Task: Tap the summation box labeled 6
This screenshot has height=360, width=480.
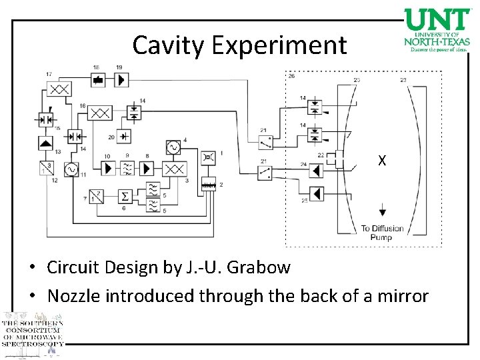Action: tap(125, 196)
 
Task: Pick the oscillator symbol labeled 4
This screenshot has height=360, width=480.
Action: tap(173, 147)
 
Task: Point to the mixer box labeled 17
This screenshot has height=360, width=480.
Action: tap(59, 89)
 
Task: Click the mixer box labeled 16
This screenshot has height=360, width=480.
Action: tap(100, 113)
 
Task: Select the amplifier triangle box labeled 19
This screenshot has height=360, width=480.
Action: tap(121, 81)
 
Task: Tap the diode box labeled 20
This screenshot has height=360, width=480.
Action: tap(123, 137)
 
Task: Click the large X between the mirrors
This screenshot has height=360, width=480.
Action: tap(381, 161)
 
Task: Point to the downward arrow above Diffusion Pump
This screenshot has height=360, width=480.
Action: tap(383, 212)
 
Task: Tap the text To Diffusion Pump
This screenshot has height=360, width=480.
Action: tap(382, 233)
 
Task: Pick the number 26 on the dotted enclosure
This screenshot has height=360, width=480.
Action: tap(291, 77)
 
